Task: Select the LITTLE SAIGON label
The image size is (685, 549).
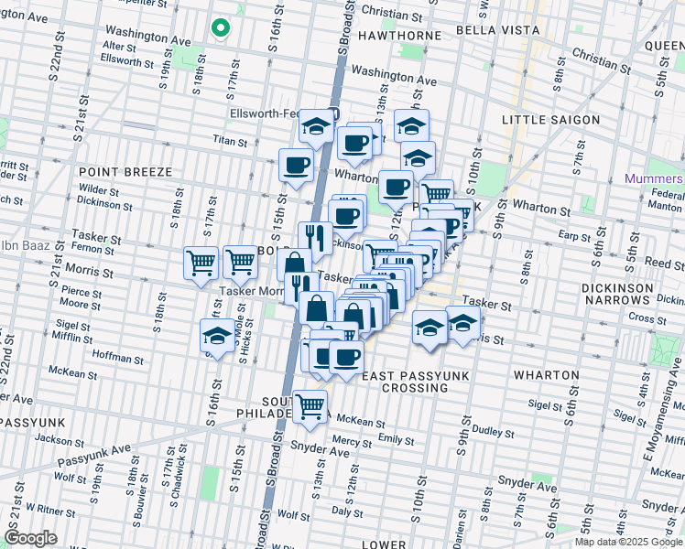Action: tap(550, 120)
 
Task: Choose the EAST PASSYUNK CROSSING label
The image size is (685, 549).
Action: tap(405, 382)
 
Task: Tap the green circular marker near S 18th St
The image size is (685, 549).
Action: tap(220, 28)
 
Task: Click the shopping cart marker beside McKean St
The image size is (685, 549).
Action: tap(310, 404)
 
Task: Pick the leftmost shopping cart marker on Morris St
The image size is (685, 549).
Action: tap(201, 262)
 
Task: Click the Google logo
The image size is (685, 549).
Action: tap(30, 538)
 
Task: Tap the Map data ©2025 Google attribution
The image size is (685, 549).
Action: tap(628, 542)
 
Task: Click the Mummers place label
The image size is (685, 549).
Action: tap(654, 178)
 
